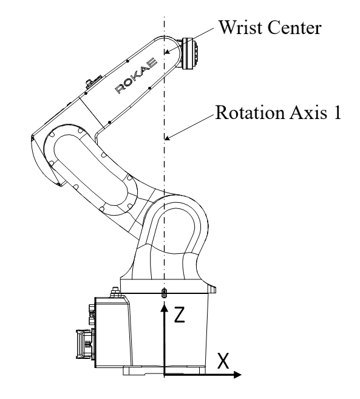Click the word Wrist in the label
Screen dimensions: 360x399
pyautogui.click(x=240, y=27)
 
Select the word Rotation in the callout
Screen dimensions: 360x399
pyautogui.click(x=250, y=112)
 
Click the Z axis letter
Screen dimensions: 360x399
pyautogui.click(x=179, y=315)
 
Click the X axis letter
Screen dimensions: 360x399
pyautogui.click(x=223, y=361)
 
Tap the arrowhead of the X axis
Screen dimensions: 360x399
pyautogui.click(x=237, y=375)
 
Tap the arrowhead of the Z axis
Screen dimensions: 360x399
pyautogui.click(x=165, y=307)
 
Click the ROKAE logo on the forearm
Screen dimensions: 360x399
pyautogui.click(x=136, y=75)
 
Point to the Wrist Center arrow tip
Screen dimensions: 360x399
pyautogui.click(x=165, y=53)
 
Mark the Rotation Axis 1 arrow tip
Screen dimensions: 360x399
pyautogui.click(x=165, y=139)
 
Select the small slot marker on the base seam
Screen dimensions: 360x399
pyautogui.click(x=165, y=293)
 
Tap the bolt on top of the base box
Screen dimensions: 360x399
pyautogui.click(x=115, y=292)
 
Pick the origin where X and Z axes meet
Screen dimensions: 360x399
pyautogui.click(x=165, y=375)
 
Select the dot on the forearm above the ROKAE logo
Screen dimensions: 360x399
pyautogui.click(x=127, y=61)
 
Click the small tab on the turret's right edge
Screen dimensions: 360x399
pyautogui.click(x=213, y=289)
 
